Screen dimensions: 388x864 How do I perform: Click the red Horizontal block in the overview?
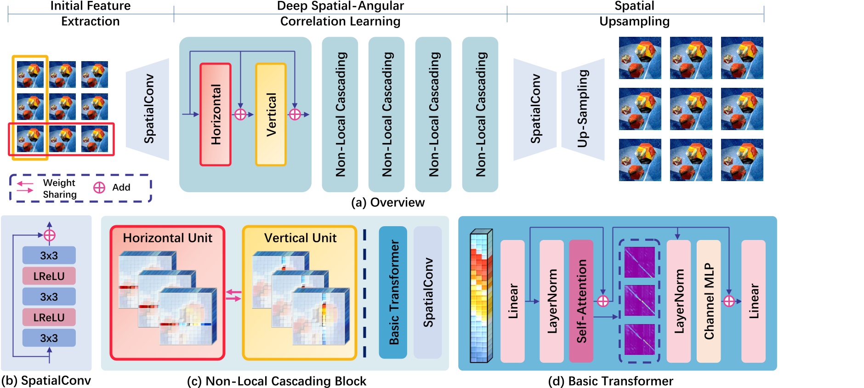coord(216,114)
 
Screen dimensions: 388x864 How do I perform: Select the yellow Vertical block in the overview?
coord(271,114)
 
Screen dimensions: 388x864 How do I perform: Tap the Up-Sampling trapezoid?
coord(582,109)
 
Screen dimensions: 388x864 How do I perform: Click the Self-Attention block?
coord(581,301)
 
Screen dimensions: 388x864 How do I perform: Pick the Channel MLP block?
coord(708,301)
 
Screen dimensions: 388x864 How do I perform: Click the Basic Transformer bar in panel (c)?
coord(393,292)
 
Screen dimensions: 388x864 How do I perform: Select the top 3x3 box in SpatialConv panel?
coord(49,255)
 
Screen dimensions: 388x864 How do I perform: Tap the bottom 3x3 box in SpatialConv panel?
coord(49,338)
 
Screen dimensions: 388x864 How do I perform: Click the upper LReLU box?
coord(49,276)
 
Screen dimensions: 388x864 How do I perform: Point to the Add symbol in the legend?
coord(99,188)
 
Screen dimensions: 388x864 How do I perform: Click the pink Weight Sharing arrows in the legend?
coord(25,187)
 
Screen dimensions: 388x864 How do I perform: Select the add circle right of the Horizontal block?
coord(240,114)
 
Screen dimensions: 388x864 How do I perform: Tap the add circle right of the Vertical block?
coord(295,114)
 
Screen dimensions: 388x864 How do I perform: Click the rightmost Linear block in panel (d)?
coord(753,301)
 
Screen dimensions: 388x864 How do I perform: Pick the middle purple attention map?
coord(639,300)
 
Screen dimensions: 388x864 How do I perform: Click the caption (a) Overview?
coord(388,202)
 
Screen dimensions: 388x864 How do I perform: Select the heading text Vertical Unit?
coord(300,238)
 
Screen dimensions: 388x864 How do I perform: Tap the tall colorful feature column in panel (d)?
coord(481,297)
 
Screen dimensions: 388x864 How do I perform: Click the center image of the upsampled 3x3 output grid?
coord(691,109)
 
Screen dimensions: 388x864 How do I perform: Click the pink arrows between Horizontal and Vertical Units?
coord(233,296)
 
